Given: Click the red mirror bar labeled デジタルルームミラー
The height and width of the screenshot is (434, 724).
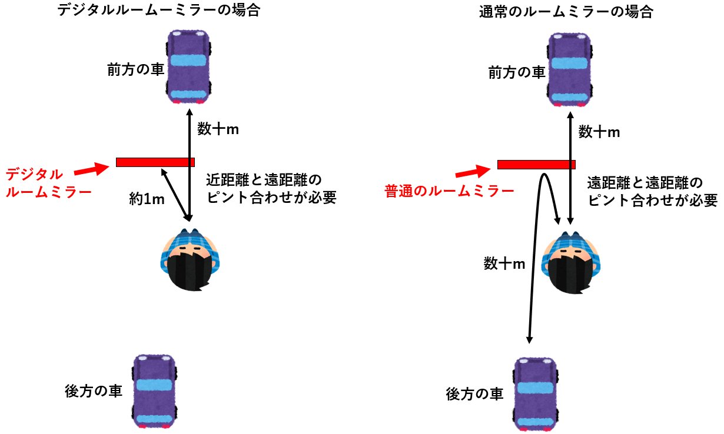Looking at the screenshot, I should [x=155, y=162].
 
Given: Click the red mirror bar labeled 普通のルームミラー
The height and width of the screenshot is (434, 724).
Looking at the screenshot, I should [x=536, y=165].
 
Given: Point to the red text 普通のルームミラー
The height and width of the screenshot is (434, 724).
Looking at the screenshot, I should [x=449, y=191].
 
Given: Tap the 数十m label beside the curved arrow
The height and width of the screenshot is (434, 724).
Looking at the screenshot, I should [x=504, y=264].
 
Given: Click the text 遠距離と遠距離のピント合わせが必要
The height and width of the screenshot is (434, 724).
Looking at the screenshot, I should [x=652, y=191].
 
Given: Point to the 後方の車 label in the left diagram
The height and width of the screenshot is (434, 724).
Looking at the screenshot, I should [x=94, y=391].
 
